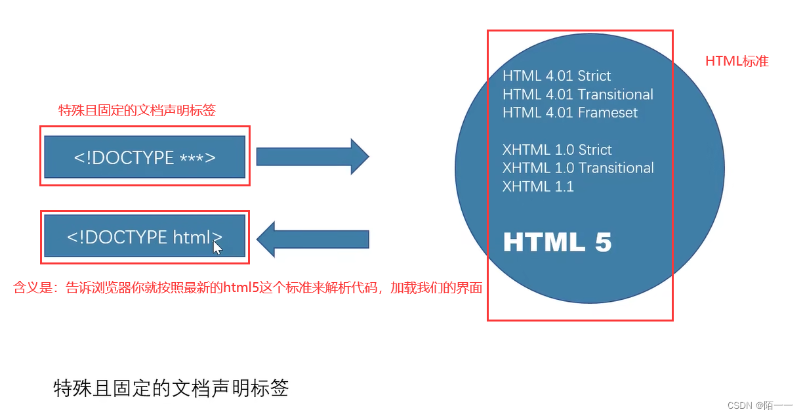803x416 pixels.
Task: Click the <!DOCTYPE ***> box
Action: tap(144, 157)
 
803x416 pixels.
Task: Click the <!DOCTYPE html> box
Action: tap(144, 237)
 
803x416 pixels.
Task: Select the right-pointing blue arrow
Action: tap(312, 157)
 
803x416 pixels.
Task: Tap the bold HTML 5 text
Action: tap(557, 243)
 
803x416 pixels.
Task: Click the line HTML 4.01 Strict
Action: tap(557, 76)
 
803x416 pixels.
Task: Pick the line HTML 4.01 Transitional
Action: tap(578, 94)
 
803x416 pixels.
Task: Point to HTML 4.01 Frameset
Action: tap(570, 113)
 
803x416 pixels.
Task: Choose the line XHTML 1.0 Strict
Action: tap(557, 150)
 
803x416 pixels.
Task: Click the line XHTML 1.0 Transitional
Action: tap(578, 168)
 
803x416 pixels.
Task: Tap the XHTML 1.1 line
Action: tap(538, 186)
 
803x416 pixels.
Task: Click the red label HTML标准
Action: tap(737, 62)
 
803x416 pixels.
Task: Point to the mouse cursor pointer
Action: tap(217, 247)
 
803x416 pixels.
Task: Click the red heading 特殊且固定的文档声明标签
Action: tap(137, 111)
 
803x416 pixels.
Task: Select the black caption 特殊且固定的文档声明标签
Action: tap(171, 388)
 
